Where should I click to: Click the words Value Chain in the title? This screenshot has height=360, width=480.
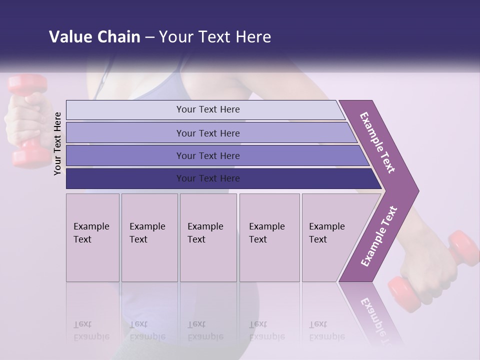point(94,37)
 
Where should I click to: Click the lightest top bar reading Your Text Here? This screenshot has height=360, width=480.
point(207,109)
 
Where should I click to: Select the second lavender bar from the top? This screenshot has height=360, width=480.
point(207,133)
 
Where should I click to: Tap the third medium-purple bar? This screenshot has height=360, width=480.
point(207,155)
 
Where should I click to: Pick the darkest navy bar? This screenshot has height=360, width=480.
point(207,178)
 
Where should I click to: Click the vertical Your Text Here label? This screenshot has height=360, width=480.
point(57,143)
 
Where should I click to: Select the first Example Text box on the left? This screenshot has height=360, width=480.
point(92,237)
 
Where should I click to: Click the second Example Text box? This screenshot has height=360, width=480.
point(149,237)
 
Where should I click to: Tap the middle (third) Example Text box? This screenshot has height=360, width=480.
point(208,237)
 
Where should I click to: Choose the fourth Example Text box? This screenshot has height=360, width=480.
point(269,237)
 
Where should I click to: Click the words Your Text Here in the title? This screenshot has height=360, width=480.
point(215,37)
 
